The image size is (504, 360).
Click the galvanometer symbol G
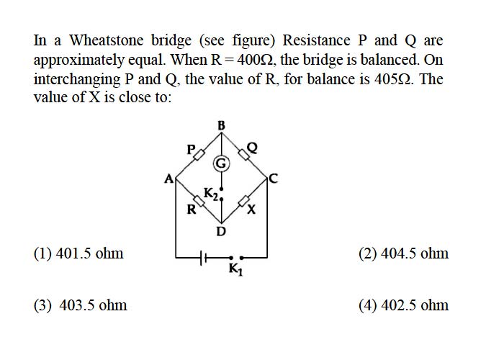click(221, 163)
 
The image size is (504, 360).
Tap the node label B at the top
click(222, 125)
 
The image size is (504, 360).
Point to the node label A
click(168, 179)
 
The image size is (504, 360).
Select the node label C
click(274, 178)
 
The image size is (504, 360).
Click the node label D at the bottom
click(221, 231)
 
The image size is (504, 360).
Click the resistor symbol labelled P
click(199, 155)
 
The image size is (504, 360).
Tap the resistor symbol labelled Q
click(244, 155)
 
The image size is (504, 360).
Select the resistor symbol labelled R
click(199, 202)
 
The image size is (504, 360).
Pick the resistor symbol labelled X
click(244, 202)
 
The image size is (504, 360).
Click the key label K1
click(236, 269)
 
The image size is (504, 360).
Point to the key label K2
click(211, 194)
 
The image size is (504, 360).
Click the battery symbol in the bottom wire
click(203, 258)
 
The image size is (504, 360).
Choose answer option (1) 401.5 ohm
click(78, 253)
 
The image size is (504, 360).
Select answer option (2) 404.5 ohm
click(403, 253)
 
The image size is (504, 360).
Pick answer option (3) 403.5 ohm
click(81, 305)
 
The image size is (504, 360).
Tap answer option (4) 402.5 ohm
click(403, 305)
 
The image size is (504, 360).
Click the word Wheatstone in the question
click(107, 40)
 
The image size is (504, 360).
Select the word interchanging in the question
click(77, 80)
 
